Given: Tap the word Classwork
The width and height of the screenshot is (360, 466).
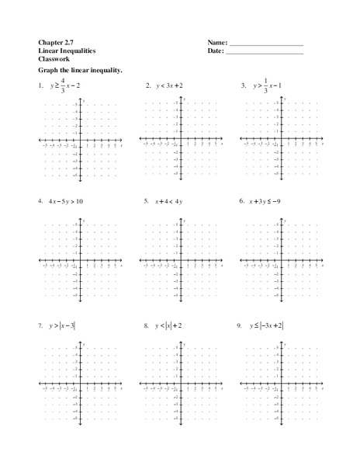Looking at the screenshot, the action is pyautogui.click(x=51, y=59).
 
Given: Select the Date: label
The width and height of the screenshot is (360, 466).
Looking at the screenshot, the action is pyautogui.click(x=216, y=50).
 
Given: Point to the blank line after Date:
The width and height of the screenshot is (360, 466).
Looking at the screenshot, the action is pyautogui.click(x=264, y=53).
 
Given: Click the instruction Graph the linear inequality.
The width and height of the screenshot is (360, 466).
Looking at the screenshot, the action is pyautogui.click(x=79, y=71).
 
